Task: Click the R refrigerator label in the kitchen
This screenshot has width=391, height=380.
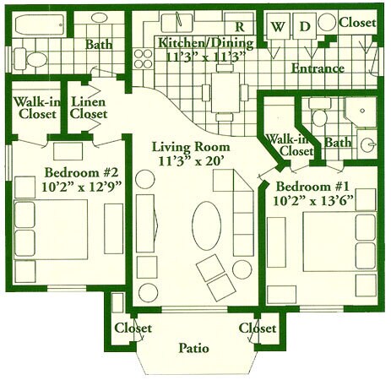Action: pos(240,25)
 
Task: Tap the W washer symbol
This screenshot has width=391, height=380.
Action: pos(277,26)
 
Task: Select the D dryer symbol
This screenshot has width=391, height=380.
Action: pos(306,26)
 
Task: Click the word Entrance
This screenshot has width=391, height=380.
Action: pos(318,68)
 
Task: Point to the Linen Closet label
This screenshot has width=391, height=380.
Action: pos(89,107)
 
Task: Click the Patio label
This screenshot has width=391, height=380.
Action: pos(193,347)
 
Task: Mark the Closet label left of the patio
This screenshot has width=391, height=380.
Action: pos(133,328)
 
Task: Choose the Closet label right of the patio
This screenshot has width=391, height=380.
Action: pos(257,328)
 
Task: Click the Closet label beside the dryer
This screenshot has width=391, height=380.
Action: pos(356,24)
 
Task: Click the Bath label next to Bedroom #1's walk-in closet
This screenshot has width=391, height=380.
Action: pos(338,144)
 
